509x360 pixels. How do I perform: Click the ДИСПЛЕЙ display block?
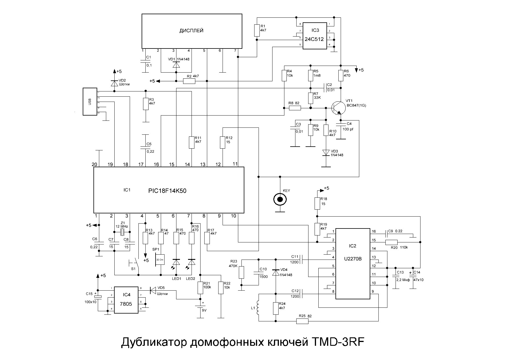point(192,31)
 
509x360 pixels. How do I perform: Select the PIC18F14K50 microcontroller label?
point(167,191)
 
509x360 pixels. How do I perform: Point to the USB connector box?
point(90,101)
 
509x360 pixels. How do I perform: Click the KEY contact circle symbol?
point(280,199)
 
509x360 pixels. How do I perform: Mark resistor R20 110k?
point(391,242)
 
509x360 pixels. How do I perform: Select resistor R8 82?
point(295,108)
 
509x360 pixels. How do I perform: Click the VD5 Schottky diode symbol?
point(153,290)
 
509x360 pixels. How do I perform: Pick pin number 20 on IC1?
point(94,164)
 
